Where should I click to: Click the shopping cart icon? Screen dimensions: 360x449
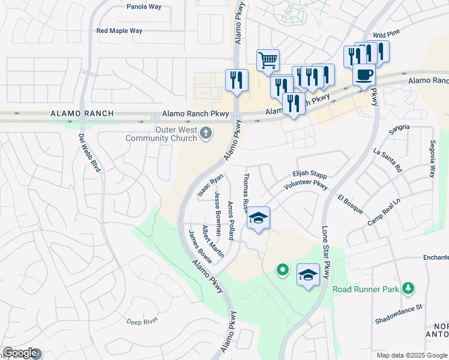pyautogui.click(x=268, y=60)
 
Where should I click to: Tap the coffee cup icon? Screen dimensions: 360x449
pyautogui.click(x=364, y=75)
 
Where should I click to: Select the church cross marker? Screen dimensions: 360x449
pyautogui.click(x=206, y=133)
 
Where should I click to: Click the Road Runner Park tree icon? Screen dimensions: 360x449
pyautogui.click(x=408, y=289)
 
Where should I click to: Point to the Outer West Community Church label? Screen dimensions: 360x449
pyautogui.click(x=161, y=134)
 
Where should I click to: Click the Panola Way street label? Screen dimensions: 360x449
pyautogui.click(x=144, y=7)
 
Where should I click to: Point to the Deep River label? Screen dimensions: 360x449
pyautogui.click(x=142, y=321)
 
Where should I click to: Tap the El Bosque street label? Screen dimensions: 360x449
pyautogui.click(x=350, y=204)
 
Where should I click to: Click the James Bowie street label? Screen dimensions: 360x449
pyautogui.click(x=200, y=247)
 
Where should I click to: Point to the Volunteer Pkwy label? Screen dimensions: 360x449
pyautogui.click(x=306, y=186)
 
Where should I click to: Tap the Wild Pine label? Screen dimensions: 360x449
pyautogui.click(x=387, y=35)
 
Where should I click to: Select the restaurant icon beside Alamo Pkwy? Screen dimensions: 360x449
pyautogui.click(x=237, y=80)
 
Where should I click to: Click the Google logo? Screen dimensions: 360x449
pyautogui.click(x=20, y=353)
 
